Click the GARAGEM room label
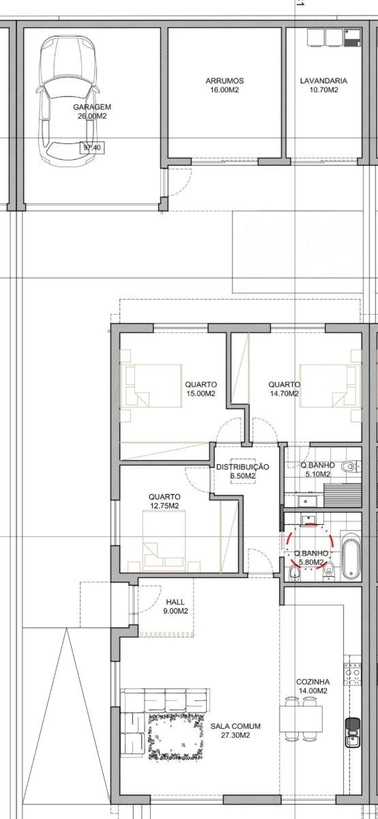tap(92, 107)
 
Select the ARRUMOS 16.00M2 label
tap(224, 85)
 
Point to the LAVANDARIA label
tap(324, 81)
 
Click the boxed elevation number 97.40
tap(92, 147)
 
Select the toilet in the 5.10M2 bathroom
tap(350, 467)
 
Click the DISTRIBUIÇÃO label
tap(242, 467)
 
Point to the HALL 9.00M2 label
tap(175, 606)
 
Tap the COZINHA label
tap(313, 682)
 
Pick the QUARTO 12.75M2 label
tap(164, 501)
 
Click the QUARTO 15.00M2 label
tap(201, 389)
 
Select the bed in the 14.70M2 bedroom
tap(331, 386)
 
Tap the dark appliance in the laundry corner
tap(353, 38)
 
